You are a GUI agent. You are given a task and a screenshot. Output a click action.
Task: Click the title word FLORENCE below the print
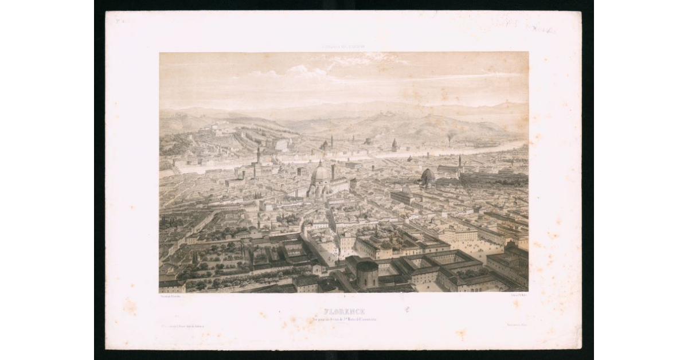point(344,311)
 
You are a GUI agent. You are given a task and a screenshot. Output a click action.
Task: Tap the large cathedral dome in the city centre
point(320,173)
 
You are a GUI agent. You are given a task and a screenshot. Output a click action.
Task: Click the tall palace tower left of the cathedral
point(259,155)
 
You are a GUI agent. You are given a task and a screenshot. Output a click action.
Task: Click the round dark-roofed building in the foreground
point(367,272)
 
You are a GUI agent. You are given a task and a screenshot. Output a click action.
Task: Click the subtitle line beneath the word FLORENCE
point(344,319)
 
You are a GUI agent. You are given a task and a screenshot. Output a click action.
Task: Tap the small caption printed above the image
point(344,48)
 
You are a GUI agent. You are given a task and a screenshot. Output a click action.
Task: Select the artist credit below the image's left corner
point(170,296)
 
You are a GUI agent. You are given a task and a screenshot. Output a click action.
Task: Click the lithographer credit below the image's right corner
point(518,296)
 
